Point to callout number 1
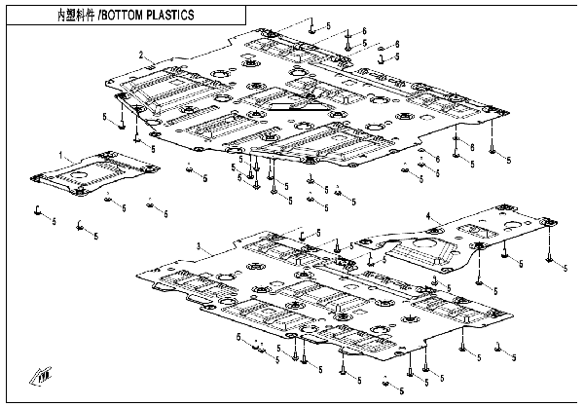point(61,155)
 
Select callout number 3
point(199,248)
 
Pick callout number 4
point(428,213)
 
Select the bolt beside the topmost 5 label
point(310,28)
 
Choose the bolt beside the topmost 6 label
point(347,34)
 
